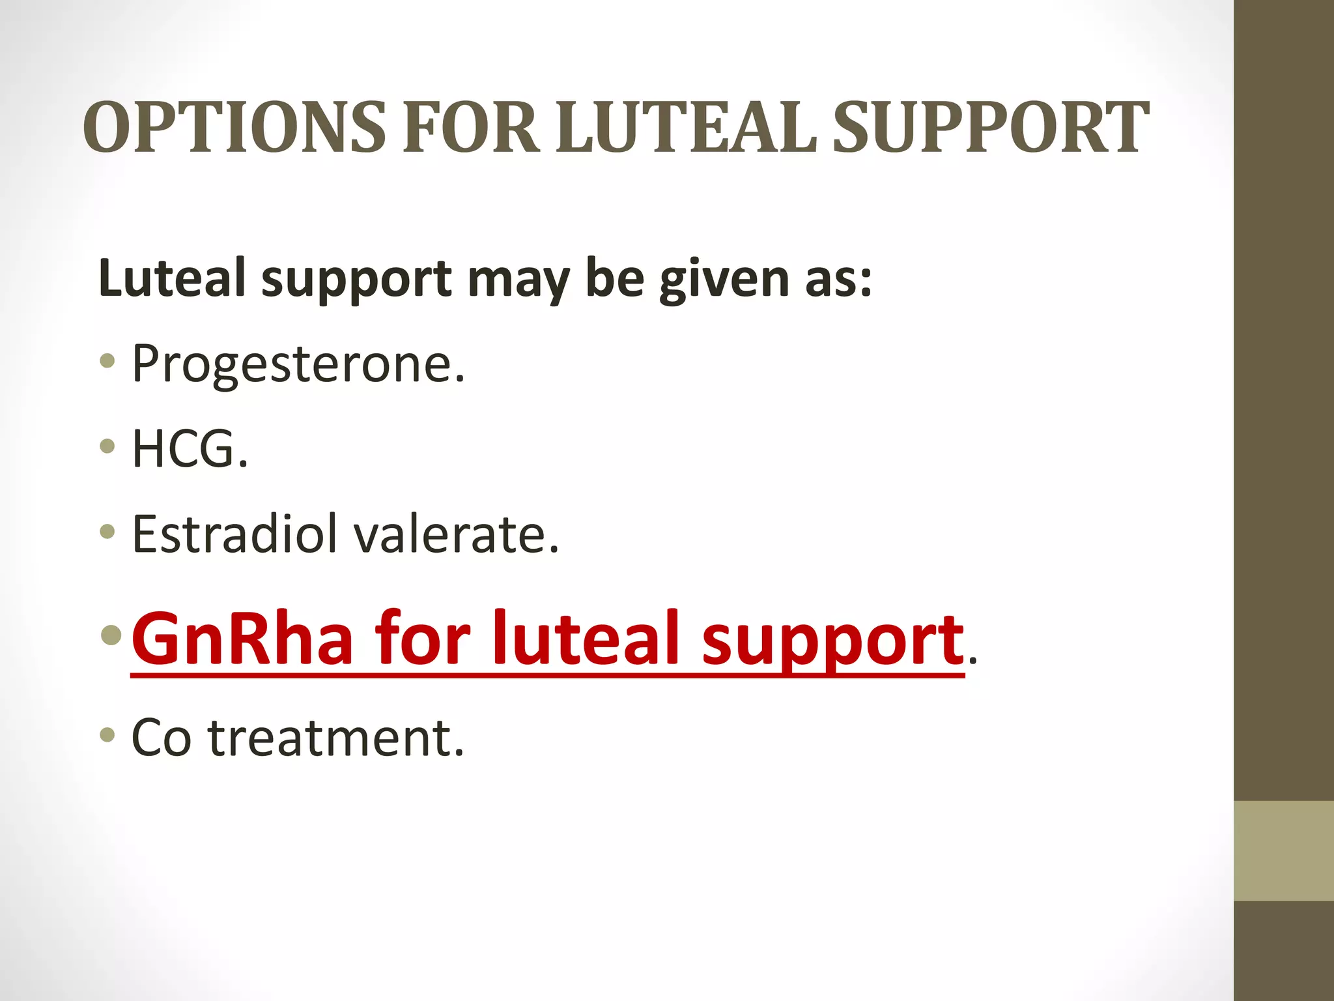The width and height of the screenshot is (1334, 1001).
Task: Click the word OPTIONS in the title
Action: click(234, 128)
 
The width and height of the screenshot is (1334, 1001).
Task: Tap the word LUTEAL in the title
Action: click(687, 128)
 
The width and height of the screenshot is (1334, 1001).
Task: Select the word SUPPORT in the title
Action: click(990, 128)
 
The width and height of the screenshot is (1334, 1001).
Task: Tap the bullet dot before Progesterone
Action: click(108, 360)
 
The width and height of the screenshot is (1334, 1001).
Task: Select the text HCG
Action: click(190, 449)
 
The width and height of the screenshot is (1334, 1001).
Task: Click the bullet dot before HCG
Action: click(108, 446)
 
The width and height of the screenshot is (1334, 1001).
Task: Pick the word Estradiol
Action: click(234, 534)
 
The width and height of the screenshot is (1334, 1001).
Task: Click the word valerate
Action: click(455, 534)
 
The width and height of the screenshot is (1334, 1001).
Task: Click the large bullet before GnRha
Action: click(112, 634)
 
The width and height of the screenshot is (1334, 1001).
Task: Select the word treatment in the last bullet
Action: click(336, 738)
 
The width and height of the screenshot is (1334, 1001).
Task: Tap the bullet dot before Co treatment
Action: click(108, 735)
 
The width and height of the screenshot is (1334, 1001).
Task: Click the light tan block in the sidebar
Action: click(1284, 850)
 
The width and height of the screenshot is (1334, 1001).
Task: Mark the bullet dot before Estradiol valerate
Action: click(108, 531)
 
